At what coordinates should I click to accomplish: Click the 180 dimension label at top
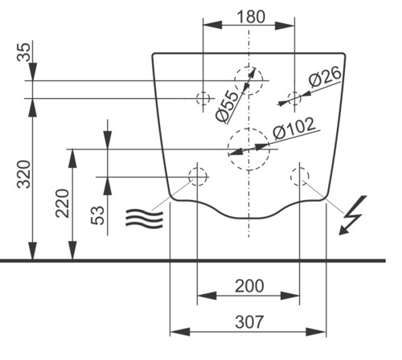(251, 17)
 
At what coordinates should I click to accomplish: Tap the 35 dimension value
(23, 52)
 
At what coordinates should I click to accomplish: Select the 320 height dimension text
(24, 174)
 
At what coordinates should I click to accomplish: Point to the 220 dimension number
(63, 203)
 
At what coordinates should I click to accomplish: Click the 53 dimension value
(97, 215)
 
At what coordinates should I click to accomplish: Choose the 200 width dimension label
(249, 286)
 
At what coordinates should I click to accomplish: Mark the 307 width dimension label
(249, 321)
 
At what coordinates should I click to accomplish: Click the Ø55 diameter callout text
(227, 106)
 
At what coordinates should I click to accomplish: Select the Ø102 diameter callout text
(293, 129)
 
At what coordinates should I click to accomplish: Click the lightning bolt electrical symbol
(352, 215)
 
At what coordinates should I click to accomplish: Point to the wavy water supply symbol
(144, 219)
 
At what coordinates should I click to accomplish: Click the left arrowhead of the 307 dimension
(180, 332)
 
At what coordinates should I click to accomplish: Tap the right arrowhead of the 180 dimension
(285, 26)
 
